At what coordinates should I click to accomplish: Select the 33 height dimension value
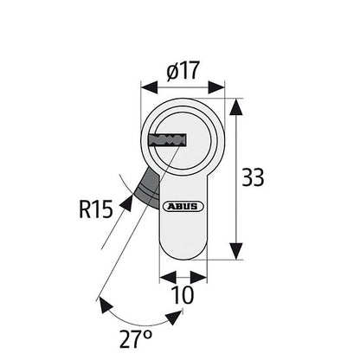252,178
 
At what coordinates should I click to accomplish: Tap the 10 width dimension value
183,296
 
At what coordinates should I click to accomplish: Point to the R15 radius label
95,209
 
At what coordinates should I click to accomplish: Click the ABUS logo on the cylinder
183,206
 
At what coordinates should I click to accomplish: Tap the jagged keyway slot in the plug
167,138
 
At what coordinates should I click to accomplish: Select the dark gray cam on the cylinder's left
146,183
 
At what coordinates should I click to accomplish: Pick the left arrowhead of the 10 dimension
167,277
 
